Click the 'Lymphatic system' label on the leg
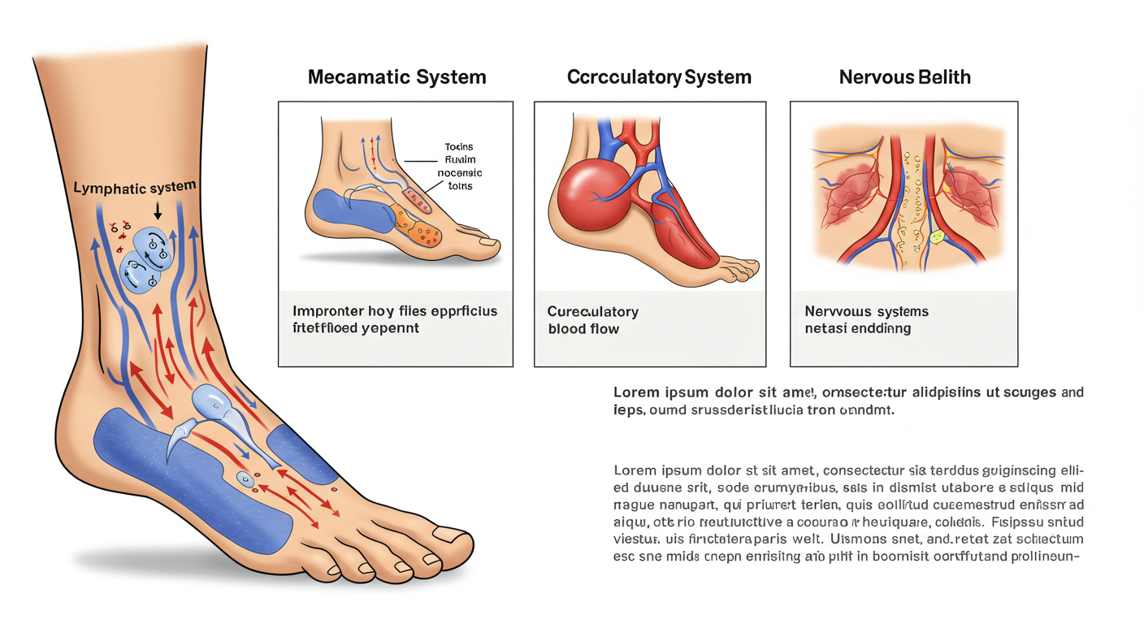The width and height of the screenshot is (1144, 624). (135, 188)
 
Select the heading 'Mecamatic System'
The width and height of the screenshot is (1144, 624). (397, 77)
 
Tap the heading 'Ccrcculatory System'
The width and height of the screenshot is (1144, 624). (659, 77)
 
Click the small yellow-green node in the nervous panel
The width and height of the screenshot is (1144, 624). (936, 238)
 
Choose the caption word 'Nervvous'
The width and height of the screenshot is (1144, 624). (836, 312)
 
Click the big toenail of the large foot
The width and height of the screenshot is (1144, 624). (452, 534)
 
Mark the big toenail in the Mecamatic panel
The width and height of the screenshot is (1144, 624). (488, 240)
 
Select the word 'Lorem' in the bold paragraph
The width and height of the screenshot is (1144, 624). (636, 392)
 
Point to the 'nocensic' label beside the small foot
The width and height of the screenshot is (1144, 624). (459, 173)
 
